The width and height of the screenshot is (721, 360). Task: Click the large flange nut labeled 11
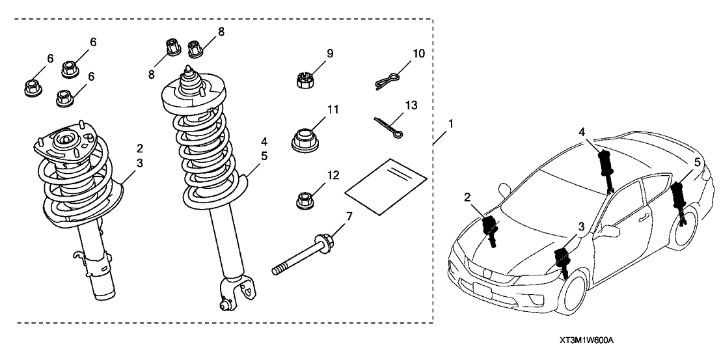coord(304,140)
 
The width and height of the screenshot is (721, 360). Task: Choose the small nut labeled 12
coord(303,200)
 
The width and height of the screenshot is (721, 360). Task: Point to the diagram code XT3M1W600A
coord(586,341)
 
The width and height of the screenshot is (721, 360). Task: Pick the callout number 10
coord(418,52)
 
